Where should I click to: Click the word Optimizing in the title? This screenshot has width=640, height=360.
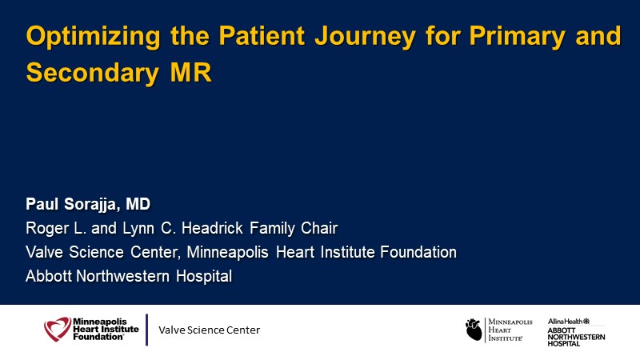click(x=93, y=37)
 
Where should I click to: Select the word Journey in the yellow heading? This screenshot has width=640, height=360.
click(x=365, y=37)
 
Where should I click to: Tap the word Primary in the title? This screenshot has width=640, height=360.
click(x=517, y=37)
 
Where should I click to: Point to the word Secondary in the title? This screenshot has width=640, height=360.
click(x=92, y=73)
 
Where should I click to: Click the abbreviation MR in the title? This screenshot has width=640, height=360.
click(x=191, y=72)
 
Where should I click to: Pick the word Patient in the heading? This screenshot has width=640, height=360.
click(x=262, y=35)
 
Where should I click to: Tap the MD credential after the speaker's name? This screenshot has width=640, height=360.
click(x=138, y=204)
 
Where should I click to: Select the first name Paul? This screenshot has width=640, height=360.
click(x=42, y=204)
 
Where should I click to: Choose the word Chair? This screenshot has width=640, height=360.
click(x=318, y=228)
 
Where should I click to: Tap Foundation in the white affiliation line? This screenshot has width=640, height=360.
click(x=418, y=252)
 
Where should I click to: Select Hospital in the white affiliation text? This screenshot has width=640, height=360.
click(x=204, y=276)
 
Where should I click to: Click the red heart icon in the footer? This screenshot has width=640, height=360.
click(x=58, y=329)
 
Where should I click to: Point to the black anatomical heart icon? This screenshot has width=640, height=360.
click(x=474, y=330)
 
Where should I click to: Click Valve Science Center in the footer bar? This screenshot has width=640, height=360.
click(x=209, y=330)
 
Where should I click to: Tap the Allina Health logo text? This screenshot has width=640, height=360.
click(x=569, y=322)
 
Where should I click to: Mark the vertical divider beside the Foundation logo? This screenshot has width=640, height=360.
click(x=146, y=330)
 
